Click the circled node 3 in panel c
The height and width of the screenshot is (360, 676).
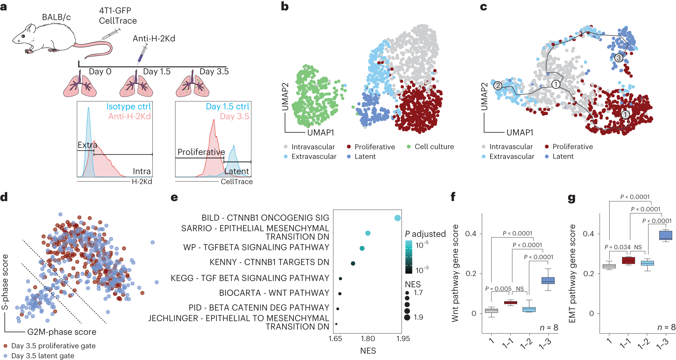[x=619, y=58]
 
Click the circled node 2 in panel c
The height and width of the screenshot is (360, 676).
[x=498, y=85]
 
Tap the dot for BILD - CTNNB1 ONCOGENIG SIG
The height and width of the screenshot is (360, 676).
[x=397, y=218]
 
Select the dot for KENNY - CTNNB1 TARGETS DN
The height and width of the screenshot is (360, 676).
[x=353, y=263]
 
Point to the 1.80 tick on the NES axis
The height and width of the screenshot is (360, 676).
[x=368, y=338]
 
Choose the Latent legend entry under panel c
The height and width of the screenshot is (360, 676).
[x=563, y=156]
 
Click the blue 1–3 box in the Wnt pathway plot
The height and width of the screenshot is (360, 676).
[x=548, y=281]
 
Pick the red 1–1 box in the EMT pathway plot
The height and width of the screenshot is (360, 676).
[x=628, y=261]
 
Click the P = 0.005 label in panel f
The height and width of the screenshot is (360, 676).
[x=498, y=289]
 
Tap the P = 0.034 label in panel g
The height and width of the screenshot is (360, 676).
[x=617, y=247]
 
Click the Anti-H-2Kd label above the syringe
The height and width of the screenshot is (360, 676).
[x=154, y=39]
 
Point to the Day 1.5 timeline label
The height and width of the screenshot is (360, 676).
[x=157, y=72]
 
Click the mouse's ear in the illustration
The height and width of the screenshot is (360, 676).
[x=30, y=29]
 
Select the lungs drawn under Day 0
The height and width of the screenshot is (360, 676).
[x=80, y=86]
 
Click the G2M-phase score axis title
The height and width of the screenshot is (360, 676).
[x=62, y=332]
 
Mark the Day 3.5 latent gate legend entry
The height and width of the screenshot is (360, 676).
[x=43, y=356]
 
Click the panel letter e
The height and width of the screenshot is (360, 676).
[x=174, y=198]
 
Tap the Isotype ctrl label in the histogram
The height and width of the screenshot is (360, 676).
[x=128, y=107]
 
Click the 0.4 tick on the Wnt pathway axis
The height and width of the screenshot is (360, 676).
[x=471, y=234]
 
